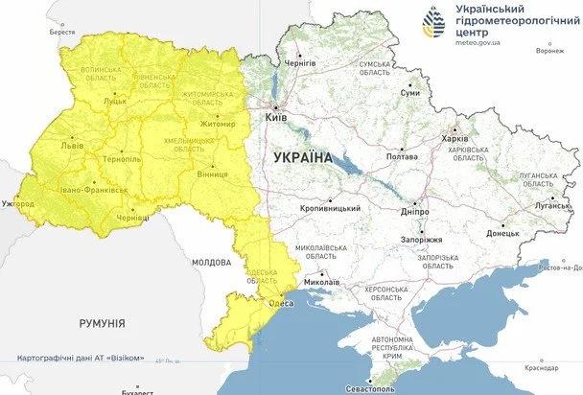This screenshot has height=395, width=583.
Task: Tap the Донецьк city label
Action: pos(502,233)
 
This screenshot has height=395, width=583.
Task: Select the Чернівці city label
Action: pos(131,218)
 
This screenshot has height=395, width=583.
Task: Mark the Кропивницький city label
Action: pos(329,208)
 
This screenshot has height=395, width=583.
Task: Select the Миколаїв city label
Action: pos(319,283)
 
